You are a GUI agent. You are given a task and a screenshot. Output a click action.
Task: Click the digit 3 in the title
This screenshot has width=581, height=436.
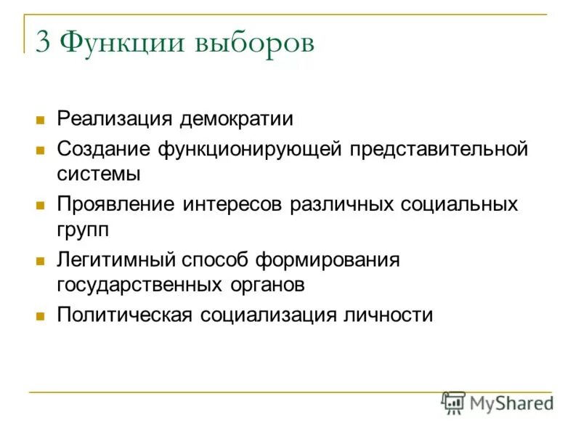click(x=43, y=43)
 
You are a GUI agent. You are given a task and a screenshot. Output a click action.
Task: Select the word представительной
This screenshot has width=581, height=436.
click(x=439, y=150)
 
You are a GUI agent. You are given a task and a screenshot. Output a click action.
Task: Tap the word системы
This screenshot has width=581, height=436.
click(x=99, y=174)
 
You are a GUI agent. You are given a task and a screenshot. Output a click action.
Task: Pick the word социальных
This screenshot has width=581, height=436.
click(x=460, y=204)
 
